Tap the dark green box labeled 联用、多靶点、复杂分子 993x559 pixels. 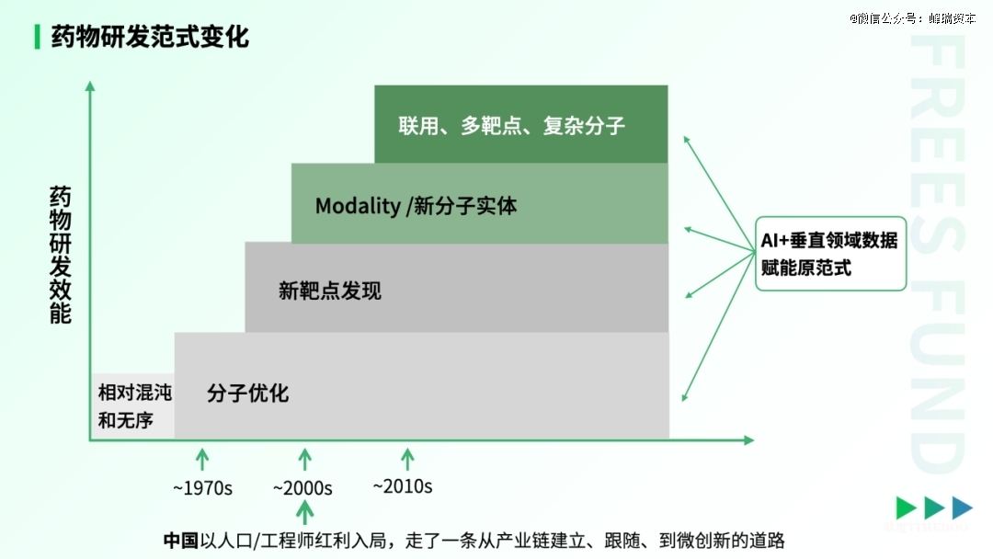click(x=520, y=124)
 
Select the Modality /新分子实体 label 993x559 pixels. click(x=416, y=205)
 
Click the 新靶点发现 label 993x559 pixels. click(x=329, y=291)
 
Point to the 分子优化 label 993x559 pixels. click(x=247, y=394)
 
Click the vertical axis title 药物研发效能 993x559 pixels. click(x=60, y=255)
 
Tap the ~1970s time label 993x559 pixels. click(x=203, y=488)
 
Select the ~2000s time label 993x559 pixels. click(x=302, y=488)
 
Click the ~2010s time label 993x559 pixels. click(x=402, y=485)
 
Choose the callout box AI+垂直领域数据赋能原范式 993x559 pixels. click(x=830, y=254)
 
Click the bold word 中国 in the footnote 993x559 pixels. click(x=180, y=540)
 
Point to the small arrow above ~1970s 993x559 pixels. click(x=203, y=458)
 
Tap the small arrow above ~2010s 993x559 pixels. click(x=407, y=458)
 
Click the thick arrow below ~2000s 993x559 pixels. click(x=305, y=512)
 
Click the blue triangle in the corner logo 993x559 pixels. click(x=962, y=508)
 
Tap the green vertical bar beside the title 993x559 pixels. click(x=36, y=37)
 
